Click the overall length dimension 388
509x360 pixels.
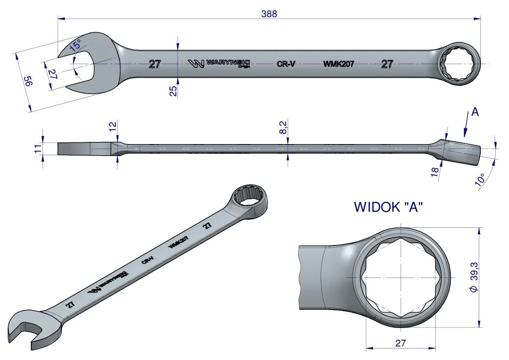(269, 14)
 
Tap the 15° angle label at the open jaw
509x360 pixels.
(75, 44)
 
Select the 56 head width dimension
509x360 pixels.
(29, 81)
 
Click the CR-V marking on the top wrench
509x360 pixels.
(286, 64)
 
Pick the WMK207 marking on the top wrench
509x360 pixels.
(338, 64)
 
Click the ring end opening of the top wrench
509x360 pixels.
(459, 64)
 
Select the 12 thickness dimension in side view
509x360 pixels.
(112, 126)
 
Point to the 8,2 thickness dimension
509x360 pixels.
(283, 127)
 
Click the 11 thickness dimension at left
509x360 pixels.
(38, 149)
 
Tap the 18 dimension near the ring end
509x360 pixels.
(435, 172)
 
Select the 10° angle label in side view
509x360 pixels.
(480, 180)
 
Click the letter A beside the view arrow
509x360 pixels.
(475, 112)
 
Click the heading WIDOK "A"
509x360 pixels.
(388, 207)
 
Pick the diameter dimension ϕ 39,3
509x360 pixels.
(474, 277)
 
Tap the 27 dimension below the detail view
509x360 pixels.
(400, 343)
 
